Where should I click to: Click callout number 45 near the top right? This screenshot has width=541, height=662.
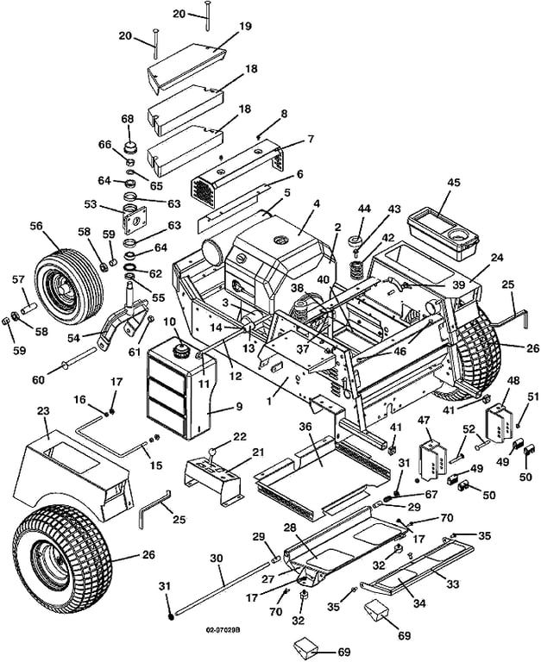pyautogui.click(x=454, y=183)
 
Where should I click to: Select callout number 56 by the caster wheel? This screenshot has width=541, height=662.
pyautogui.click(x=36, y=225)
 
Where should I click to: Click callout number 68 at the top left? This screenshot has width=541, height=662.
pyautogui.click(x=128, y=119)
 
